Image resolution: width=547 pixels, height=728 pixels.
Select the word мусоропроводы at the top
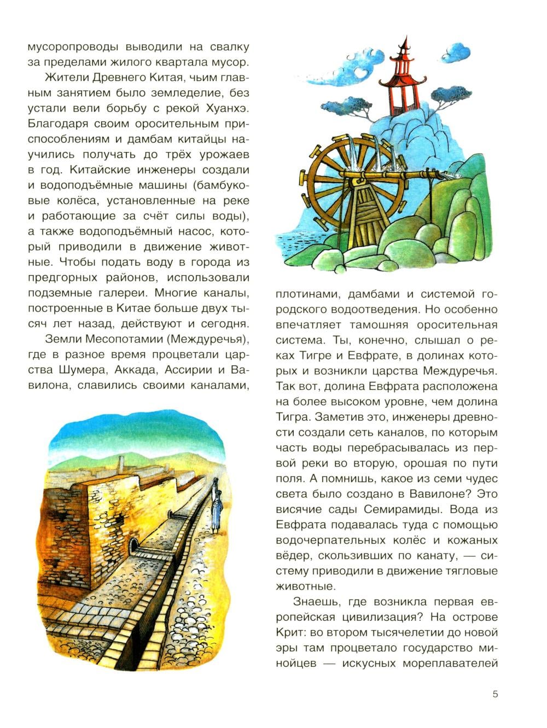[x=73, y=46]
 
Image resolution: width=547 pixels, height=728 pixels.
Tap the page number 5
[x=496, y=695]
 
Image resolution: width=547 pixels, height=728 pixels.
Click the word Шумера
[x=77, y=370]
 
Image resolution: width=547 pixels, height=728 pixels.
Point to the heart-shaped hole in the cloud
[x=361, y=71]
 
